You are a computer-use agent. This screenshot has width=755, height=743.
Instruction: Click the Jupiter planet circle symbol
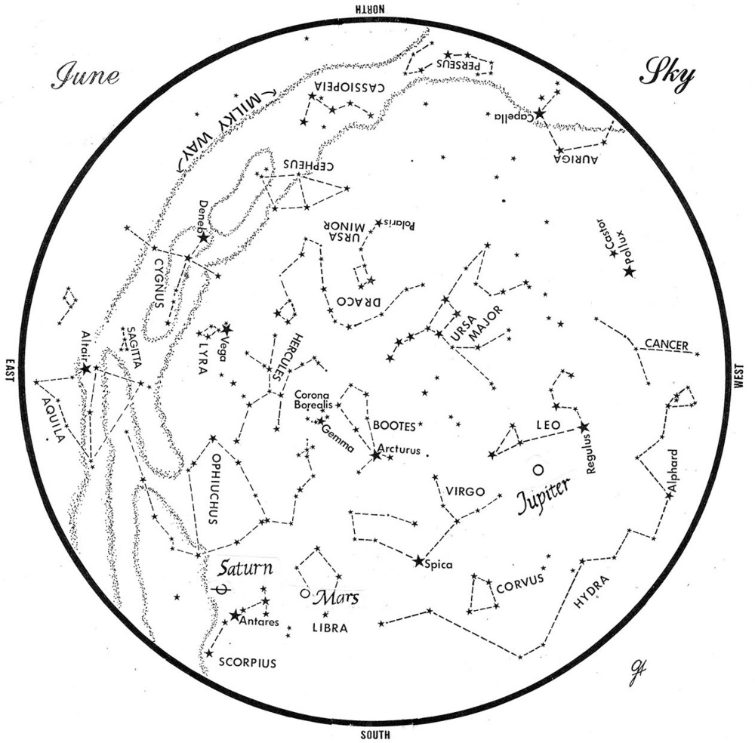click(x=537, y=470)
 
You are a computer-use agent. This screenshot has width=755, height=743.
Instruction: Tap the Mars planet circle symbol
click(x=305, y=593)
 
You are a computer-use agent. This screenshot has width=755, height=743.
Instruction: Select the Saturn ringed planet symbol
click(x=221, y=588)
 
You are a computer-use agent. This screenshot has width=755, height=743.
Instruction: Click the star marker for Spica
click(x=419, y=561)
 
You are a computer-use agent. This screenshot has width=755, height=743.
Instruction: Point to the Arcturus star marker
click(x=376, y=455)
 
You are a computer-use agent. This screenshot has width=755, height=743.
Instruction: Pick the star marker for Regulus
click(x=583, y=427)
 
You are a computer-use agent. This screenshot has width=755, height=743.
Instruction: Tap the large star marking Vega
click(x=227, y=329)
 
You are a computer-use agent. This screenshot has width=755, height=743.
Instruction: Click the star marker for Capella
click(x=540, y=114)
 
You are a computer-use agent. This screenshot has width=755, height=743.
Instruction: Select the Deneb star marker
click(x=203, y=237)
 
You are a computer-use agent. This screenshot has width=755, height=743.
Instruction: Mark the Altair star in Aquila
click(x=86, y=368)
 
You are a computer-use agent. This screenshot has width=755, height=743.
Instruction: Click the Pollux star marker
click(x=629, y=271)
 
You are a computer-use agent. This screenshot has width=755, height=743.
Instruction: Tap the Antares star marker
click(x=235, y=615)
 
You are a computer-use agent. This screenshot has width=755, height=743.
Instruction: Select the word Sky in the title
click(x=667, y=76)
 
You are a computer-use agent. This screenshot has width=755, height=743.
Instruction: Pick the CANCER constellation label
click(x=666, y=345)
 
